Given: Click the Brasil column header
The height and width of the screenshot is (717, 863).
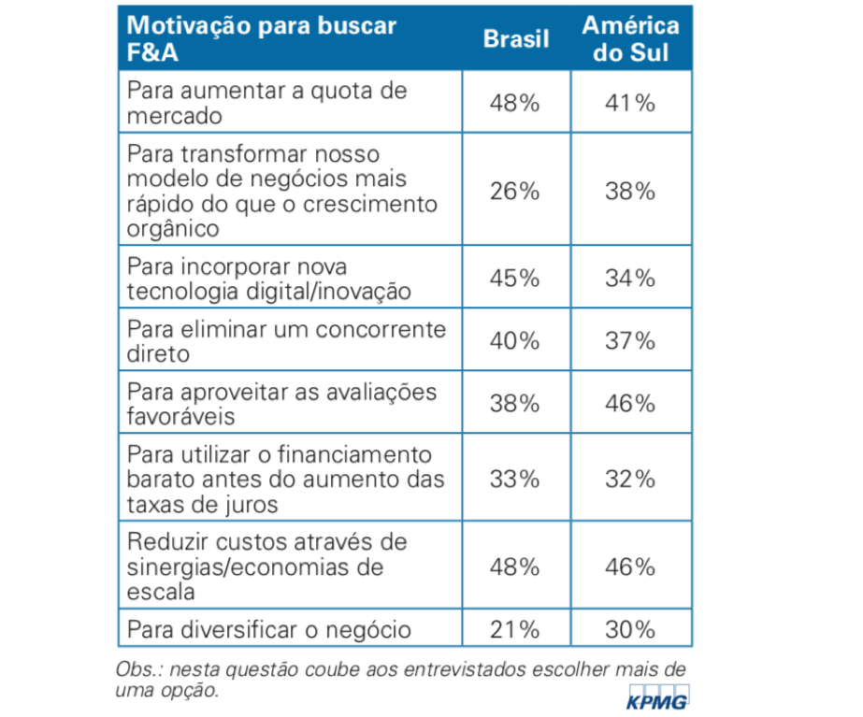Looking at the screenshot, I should point(515,38).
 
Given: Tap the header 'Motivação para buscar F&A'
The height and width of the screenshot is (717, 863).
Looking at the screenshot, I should point(261,38).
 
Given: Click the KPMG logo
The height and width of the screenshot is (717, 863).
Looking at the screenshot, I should point(656,698).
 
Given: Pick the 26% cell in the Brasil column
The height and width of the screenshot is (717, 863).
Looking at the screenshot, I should point(515,192).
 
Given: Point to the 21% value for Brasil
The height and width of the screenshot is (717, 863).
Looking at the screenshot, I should point(515,629).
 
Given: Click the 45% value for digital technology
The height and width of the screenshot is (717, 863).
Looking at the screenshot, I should point(515,279).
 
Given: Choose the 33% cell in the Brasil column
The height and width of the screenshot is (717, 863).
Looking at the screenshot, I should point(515,480).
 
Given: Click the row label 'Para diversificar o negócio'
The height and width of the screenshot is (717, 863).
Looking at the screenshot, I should point(268,629).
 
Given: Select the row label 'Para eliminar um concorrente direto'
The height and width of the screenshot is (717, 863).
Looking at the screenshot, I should point(286,341).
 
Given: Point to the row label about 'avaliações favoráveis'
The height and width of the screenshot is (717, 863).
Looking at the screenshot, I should point(281,403).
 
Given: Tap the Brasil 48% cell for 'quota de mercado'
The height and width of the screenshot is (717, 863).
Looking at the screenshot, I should point(515,103).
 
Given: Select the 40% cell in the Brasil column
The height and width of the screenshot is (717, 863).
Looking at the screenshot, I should point(515,341).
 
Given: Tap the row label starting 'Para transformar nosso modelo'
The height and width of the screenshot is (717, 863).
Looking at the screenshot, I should point(281,191).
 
